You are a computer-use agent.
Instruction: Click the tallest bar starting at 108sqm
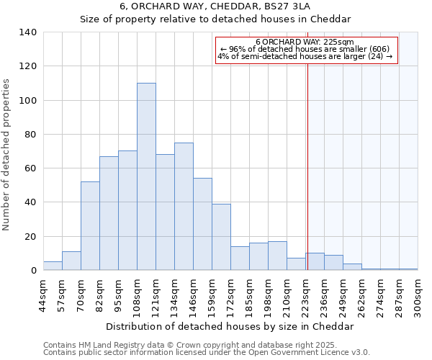146,176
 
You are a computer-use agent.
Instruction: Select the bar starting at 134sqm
184,207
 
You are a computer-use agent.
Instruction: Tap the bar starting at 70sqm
90,226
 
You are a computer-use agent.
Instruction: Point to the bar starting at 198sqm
277,256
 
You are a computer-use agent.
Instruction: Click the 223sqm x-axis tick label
305,294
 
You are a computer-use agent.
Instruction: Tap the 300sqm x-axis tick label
418,294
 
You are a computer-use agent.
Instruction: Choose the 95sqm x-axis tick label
118,294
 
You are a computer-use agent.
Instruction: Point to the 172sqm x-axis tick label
230,294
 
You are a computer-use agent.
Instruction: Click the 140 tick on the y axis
28,32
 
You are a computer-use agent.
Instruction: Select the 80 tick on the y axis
31,135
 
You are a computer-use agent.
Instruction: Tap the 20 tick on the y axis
31,237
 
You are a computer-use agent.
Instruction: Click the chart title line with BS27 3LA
220,6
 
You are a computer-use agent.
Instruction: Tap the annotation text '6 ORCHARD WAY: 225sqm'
304,42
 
